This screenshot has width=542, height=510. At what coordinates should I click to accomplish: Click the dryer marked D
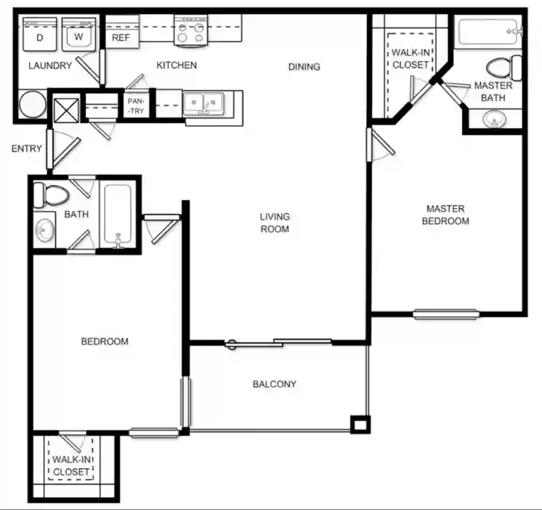(x=40, y=35)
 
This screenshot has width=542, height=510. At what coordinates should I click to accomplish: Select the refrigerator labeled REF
(x=121, y=37)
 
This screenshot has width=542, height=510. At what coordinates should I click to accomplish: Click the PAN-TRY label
(x=136, y=107)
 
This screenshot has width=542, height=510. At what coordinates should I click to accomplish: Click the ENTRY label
(x=26, y=150)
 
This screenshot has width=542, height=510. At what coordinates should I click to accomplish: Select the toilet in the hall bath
(x=52, y=194)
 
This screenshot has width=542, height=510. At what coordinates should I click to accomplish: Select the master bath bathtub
(x=489, y=33)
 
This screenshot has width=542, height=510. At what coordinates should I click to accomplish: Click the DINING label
(x=304, y=67)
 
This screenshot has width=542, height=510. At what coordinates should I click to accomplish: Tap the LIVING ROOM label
(x=275, y=222)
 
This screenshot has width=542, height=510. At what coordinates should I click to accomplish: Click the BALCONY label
(x=275, y=384)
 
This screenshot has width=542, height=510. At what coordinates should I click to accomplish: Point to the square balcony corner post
(x=359, y=424)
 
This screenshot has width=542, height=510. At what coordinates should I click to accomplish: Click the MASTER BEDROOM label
(x=445, y=215)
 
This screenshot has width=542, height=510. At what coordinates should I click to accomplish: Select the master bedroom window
(x=446, y=314)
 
